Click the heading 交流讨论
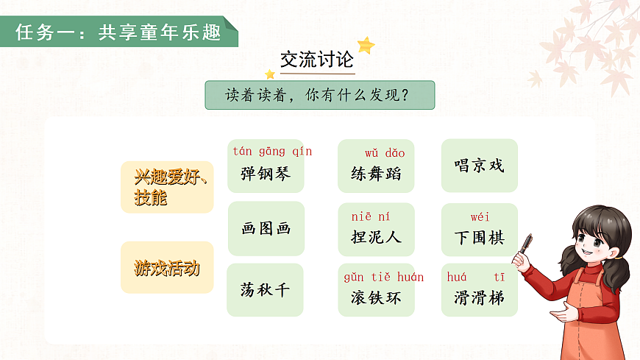(x=317, y=59)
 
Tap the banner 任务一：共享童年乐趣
(x=118, y=33)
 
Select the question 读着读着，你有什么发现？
(x=319, y=96)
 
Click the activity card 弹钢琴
(x=266, y=174)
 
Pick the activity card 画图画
(x=266, y=228)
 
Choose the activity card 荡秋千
(x=266, y=289)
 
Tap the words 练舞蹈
(x=376, y=174)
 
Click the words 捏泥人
(x=376, y=237)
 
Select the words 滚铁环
(x=376, y=298)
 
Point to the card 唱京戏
(x=479, y=165)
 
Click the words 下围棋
(x=479, y=237)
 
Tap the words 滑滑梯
(x=479, y=298)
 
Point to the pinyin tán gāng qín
(x=272, y=152)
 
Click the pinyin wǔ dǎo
(x=385, y=153)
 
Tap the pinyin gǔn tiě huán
(x=383, y=278)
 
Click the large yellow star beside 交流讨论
(x=366, y=46)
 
